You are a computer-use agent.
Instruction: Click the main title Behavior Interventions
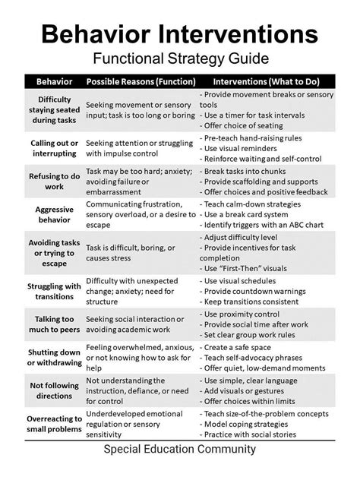coord(180,33)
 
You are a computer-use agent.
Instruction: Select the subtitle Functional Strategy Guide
coord(180,58)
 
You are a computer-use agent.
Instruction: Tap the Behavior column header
coord(54,81)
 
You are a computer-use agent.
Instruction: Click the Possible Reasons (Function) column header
coord(141,81)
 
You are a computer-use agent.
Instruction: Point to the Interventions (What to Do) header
coord(267,81)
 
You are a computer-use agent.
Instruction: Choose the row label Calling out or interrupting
coord(54,148)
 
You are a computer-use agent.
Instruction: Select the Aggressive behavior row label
coord(54,215)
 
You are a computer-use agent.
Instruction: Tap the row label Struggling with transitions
coord(54,291)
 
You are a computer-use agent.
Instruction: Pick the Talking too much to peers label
coord(54,325)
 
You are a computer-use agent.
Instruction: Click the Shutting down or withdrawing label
coord(54,358)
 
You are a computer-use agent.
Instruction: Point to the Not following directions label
coord(54,390)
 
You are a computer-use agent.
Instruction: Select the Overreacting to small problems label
coord(54,424)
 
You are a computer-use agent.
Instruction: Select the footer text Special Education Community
coord(180,450)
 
